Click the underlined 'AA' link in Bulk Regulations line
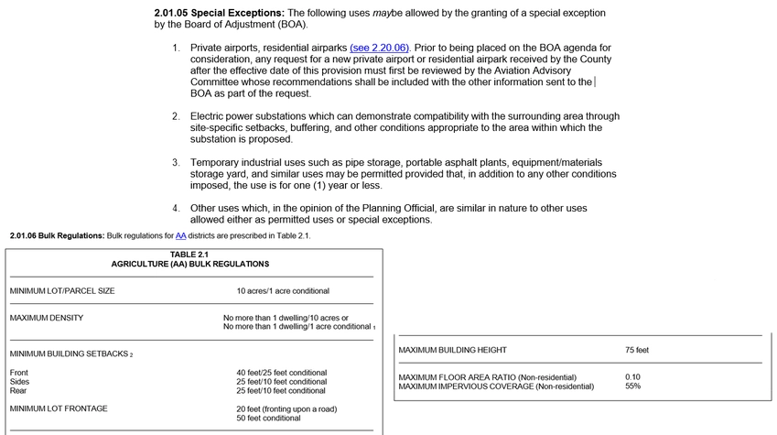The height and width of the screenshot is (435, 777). point(180,235)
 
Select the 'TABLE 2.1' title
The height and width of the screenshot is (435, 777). point(189,254)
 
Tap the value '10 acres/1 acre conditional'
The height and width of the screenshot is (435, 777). point(282,291)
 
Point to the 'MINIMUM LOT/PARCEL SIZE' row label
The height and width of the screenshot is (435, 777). point(62,291)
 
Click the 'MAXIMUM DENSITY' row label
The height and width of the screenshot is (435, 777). point(47,318)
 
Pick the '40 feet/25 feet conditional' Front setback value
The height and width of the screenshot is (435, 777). point(281,373)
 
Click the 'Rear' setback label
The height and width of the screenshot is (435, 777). point(18,391)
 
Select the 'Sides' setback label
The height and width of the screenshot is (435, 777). point(19,382)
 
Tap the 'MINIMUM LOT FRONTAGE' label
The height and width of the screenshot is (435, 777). point(59,408)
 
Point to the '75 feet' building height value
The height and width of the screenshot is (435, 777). point(637,350)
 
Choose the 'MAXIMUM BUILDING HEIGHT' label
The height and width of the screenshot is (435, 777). point(452,350)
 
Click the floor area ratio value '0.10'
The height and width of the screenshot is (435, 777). point(633,377)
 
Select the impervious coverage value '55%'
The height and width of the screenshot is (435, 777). point(632,386)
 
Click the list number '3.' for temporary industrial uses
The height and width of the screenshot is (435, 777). point(176,162)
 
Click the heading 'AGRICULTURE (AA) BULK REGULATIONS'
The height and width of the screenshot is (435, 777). point(190,264)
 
